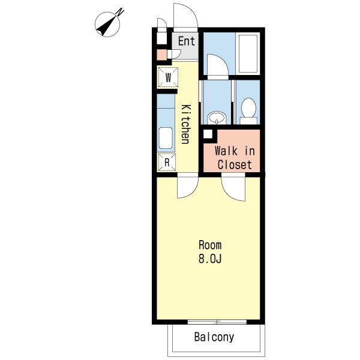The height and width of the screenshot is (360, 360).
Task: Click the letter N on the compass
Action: point(120,12)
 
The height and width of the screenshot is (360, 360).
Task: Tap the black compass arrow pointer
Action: point(106,26)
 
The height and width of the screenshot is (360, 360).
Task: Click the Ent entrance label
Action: point(187,41)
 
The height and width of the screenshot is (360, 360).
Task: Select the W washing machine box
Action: point(168,77)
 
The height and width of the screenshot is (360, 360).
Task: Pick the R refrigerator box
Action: point(167,163)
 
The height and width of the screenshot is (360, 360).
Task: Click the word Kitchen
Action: point(186,124)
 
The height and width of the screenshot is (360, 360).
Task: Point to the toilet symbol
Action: point(248,111)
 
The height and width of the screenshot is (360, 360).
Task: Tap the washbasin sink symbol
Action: point(217,118)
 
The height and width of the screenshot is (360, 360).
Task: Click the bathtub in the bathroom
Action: point(248,53)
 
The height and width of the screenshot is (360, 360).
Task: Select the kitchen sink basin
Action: point(166,138)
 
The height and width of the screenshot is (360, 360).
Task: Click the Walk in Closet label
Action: point(235,158)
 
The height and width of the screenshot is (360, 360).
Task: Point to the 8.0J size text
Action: point(210,259)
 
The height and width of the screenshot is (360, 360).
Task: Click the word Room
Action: point(210,245)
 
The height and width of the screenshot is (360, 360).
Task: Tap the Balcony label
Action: point(214,337)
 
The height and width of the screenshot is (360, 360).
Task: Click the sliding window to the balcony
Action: point(217,322)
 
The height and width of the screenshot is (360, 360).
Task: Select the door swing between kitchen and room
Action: point(188,185)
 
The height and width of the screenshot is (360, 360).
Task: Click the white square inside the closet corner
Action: point(208,134)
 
